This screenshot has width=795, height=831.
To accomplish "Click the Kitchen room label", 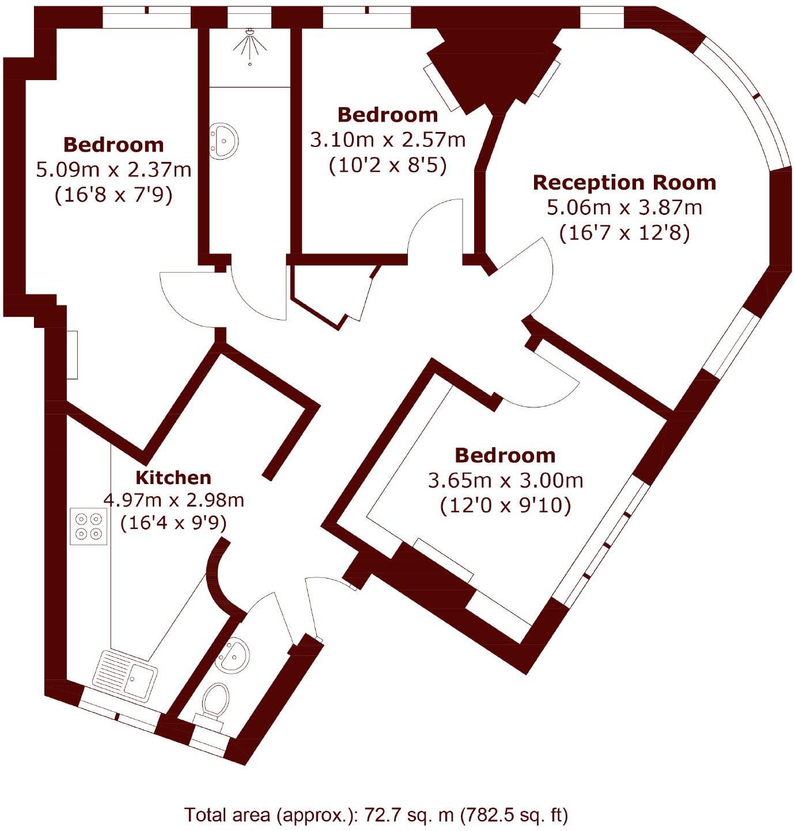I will coord(173,477).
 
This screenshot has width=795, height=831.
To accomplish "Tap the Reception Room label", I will coord(624,182).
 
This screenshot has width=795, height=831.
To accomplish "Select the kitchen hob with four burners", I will coord(89,527).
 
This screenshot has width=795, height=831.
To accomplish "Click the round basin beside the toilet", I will coord(233,655).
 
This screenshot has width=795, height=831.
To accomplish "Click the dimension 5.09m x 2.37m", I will coord(113,170).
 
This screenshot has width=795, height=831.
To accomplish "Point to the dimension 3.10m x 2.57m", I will coord(388,140).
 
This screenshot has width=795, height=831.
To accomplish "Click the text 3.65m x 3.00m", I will coord(505,480).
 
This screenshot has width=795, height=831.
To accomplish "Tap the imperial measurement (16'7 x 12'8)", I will coord(624,233).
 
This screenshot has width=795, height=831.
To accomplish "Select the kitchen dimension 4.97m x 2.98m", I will coord(173,500).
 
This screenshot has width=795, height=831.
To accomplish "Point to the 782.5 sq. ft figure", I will coord(510,815).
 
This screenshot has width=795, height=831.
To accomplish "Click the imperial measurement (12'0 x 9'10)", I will coord(505,506).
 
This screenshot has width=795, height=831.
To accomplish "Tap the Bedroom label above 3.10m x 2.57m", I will coord(388,115).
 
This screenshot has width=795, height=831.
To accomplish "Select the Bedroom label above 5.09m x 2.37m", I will coord(113,144).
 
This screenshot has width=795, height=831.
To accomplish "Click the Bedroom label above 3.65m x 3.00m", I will coord(505,455).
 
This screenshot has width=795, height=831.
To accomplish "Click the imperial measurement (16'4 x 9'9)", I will coord(173,523).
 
